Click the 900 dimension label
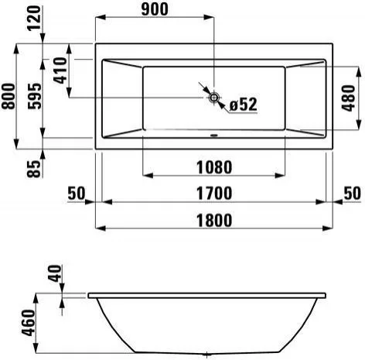click(155, 9)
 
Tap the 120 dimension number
click(34, 18)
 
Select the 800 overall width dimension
click(9, 96)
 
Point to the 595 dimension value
click(35, 96)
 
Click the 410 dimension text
click(60, 70)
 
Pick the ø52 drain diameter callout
click(244, 105)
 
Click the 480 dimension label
click(349, 98)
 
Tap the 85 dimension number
click(34, 169)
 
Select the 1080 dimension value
click(214, 167)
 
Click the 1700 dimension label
click(214, 194)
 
